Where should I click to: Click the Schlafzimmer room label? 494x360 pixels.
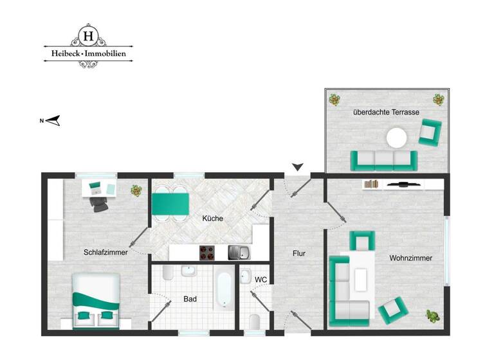[x=105, y=253]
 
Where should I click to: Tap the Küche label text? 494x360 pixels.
[x=212, y=219]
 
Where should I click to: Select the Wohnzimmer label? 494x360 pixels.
[x=410, y=258]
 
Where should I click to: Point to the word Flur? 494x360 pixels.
[x=298, y=253]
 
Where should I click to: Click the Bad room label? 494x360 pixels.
[x=190, y=299]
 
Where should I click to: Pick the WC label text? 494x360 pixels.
[x=261, y=280]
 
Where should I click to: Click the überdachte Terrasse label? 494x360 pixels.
[x=386, y=112]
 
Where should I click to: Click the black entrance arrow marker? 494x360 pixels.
[x=297, y=168]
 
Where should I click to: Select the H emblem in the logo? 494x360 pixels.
[x=87, y=34]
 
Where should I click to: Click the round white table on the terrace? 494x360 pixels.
[x=396, y=138]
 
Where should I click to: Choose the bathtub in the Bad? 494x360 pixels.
[x=223, y=289]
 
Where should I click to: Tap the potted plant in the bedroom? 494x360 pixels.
[x=136, y=190]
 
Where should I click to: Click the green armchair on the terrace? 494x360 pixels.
[x=431, y=132]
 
